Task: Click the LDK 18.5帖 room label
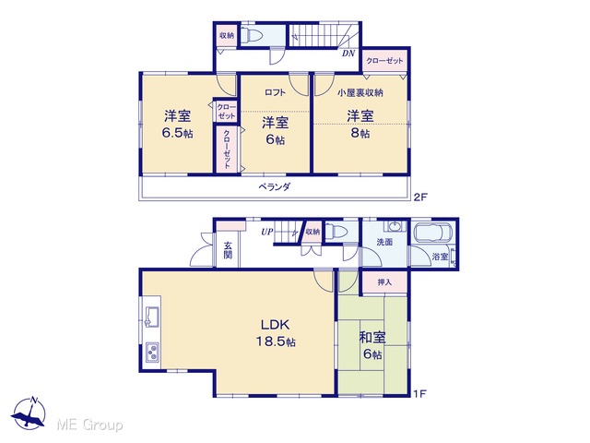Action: (x=276, y=333)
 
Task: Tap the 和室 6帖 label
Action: (x=372, y=345)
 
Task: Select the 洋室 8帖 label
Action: (x=360, y=124)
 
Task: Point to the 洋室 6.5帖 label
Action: (x=177, y=124)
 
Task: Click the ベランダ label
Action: (x=275, y=186)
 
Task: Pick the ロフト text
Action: (x=275, y=92)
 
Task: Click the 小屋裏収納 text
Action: (x=360, y=92)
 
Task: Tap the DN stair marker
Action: (x=348, y=54)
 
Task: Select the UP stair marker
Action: (x=266, y=232)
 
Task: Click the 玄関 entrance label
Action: (x=228, y=250)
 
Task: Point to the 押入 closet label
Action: (x=384, y=282)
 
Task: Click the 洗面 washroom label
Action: (x=384, y=242)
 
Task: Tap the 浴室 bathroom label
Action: (x=440, y=257)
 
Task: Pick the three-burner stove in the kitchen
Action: (x=152, y=353)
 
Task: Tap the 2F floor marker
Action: (x=421, y=197)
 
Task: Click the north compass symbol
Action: (x=29, y=413)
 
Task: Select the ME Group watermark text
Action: (x=90, y=425)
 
